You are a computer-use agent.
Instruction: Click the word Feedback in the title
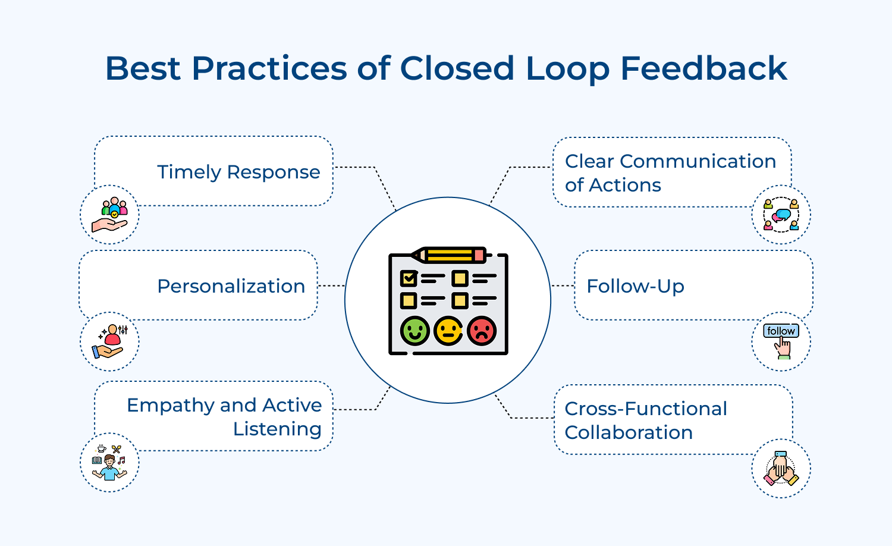[703, 68]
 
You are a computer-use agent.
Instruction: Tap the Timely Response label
[238, 172]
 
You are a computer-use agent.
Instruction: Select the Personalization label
[231, 286]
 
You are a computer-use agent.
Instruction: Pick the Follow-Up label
[635, 286]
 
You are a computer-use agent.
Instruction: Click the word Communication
[698, 161]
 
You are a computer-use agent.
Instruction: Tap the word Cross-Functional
[645, 409]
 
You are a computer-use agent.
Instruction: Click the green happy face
[414, 331]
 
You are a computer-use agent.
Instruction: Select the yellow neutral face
[448, 331]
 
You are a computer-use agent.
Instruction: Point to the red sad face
[482, 331]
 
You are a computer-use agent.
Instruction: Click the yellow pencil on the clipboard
[449, 255]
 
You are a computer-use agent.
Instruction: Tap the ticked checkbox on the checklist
[409, 278]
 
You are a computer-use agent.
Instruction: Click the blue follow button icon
[781, 331]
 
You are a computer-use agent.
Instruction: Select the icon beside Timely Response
[110, 215]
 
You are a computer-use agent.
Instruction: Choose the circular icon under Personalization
[110, 342]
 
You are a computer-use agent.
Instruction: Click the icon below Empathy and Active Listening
[110, 463]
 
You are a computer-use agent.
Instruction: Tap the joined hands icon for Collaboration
[781, 469]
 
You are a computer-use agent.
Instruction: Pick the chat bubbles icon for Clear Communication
[781, 215]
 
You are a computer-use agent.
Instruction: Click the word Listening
[277, 429]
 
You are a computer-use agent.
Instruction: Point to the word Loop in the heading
[567, 68]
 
